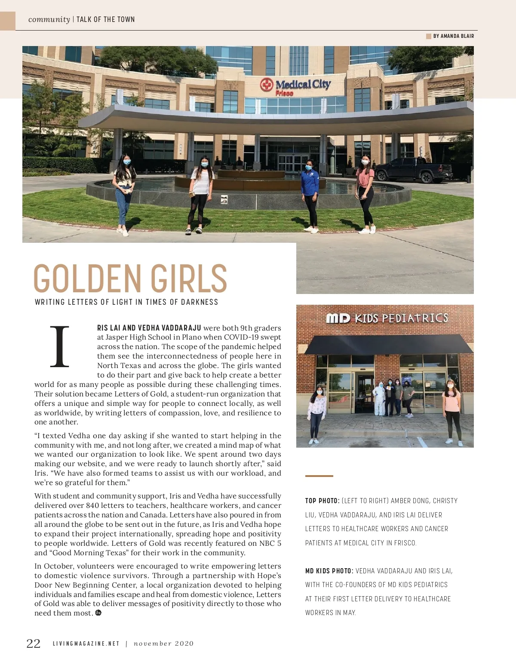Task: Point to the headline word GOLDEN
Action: (x=88, y=278)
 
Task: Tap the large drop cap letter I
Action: (x=60, y=346)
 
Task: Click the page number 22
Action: (x=34, y=643)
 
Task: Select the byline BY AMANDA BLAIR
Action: (x=453, y=36)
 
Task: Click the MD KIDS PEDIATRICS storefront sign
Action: (x=387, y=318)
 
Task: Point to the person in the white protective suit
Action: (x=379, y=399)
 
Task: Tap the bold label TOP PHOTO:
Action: (x=322, y=501)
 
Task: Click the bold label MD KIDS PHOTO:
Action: (x=329, y=571)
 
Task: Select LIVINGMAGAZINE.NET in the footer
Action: (x=86, y=643)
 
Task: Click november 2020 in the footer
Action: (x=164, y=643)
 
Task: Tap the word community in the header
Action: (x=49, y=19)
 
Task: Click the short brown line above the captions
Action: (x=319, y=476)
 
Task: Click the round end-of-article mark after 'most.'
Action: (x=98, y=613)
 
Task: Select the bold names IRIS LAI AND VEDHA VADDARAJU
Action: (x=149, y=328)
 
